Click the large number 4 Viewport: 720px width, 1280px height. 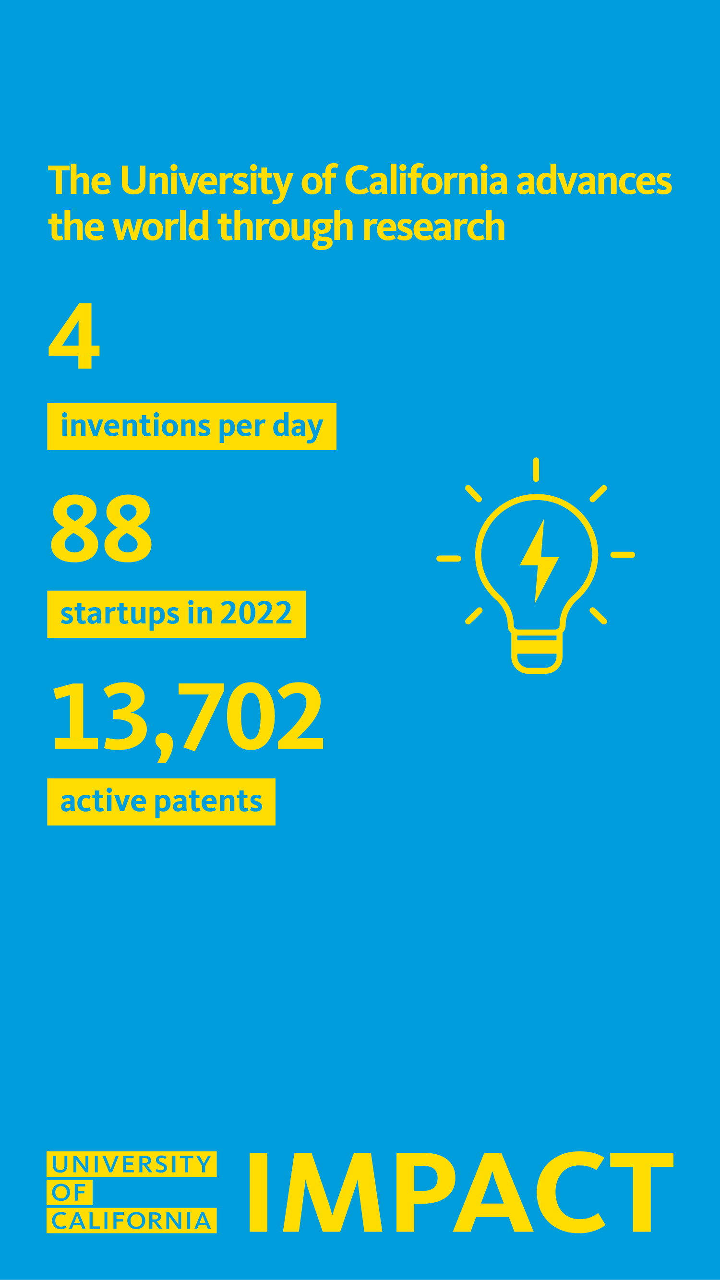[74, 336]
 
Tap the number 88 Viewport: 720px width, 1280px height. [101, 529]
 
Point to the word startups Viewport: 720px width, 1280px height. [119, 614]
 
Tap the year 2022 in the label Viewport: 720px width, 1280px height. [255, 613]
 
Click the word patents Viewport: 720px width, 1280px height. [208, 801]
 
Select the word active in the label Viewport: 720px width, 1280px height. [103, 801]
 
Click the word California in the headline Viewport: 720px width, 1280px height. [425, 180]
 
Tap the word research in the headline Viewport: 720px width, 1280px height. [433, 227]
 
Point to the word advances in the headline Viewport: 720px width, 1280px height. [594, 180]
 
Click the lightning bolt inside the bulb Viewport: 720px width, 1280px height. [539, 561]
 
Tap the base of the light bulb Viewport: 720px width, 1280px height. [537, 652]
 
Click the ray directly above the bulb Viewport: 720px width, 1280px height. [536, 469]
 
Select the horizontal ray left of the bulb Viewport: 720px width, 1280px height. [449, 559]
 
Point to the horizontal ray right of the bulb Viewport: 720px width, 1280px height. [623, 554]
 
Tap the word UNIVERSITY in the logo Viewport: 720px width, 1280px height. [132, 1164]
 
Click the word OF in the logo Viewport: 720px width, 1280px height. [70, 1192]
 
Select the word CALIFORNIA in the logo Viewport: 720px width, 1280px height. [132, 1220]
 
